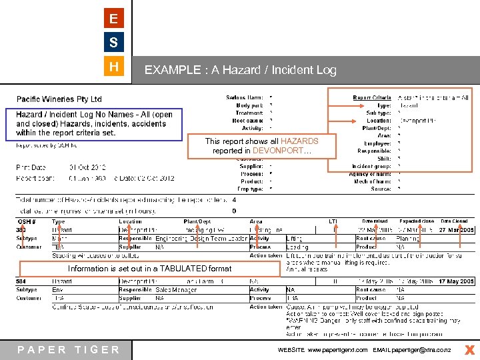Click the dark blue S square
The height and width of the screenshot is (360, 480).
point(114,43)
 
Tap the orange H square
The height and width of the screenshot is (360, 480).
point(114,67)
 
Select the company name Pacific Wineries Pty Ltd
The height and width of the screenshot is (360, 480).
point(59,99)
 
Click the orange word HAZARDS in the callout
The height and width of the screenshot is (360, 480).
point(299,141)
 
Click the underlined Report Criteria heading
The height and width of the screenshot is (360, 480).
point(371,98)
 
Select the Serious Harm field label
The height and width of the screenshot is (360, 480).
point(244,98)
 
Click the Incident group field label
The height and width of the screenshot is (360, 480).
point(371,166)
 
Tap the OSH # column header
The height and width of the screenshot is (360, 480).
point(26,221)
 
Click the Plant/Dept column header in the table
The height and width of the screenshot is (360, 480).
point(197,221)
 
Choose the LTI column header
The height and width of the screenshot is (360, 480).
point(333,221)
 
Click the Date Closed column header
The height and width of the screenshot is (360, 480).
point(454,221)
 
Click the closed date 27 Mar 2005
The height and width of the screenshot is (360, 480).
point(457,230)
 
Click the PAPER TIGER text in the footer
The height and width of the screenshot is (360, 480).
point(69,349)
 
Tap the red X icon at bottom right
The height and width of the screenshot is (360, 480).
point(469,349)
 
